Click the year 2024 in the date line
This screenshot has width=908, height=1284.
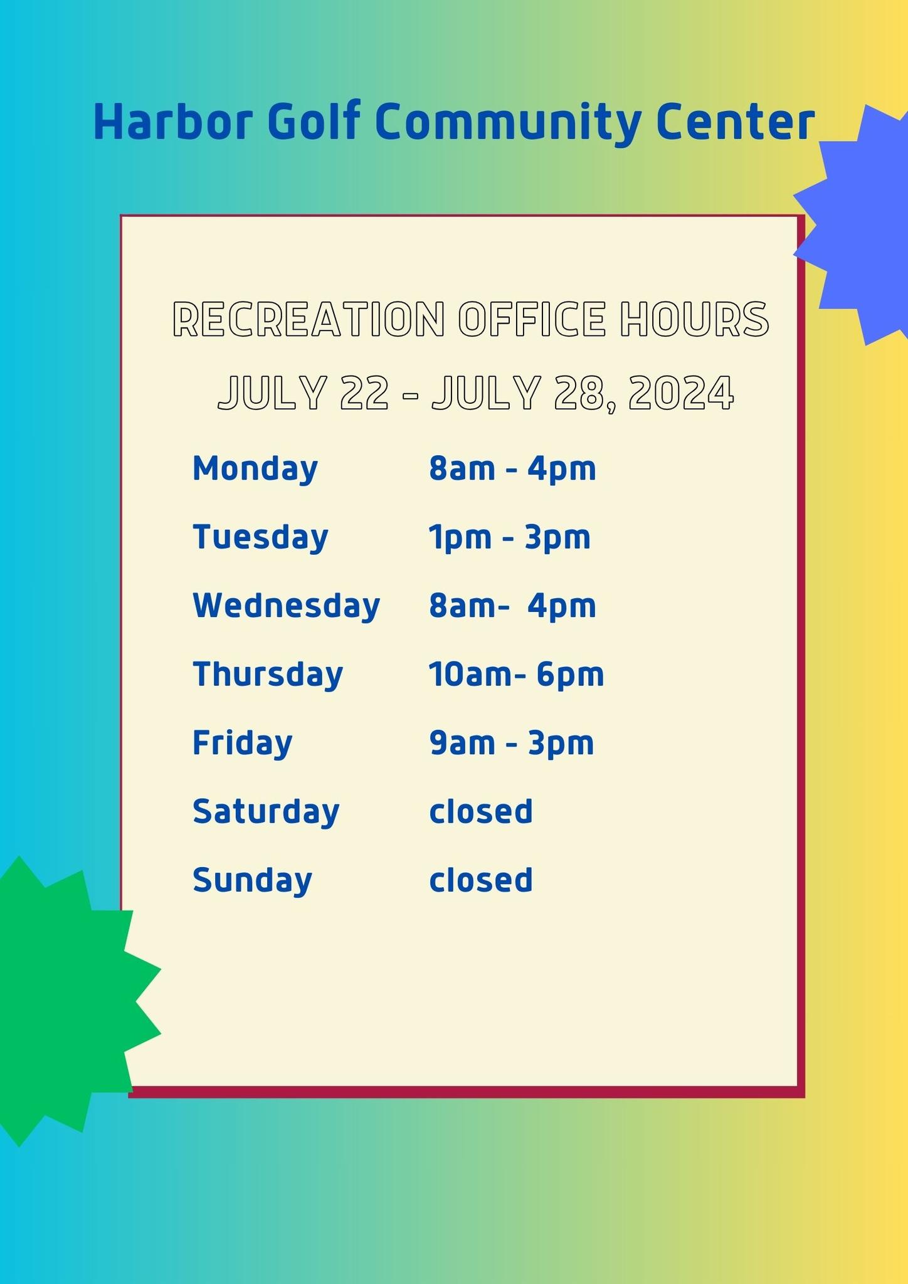pyautogui.click(x=680, y=394)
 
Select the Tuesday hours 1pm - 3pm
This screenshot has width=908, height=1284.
pyautogui.click(x=510, y=537)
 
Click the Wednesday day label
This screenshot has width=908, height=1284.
pyautogui.click(x=287, y=606)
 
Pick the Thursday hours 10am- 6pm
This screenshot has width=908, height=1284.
pyautogui.click(x=517, y=675)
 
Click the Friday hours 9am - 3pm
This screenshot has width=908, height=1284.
pyautogui.click(x=512, y=743)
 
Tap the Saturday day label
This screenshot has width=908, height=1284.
pyautogui.click(x=266, y=811)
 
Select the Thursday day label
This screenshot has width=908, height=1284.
pyautogui.click(x=268, y=675)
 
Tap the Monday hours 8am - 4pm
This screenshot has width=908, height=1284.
pyautogui.click(x=512, y=469)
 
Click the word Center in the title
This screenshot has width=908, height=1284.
pyautogui.click(x=736, y=122)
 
